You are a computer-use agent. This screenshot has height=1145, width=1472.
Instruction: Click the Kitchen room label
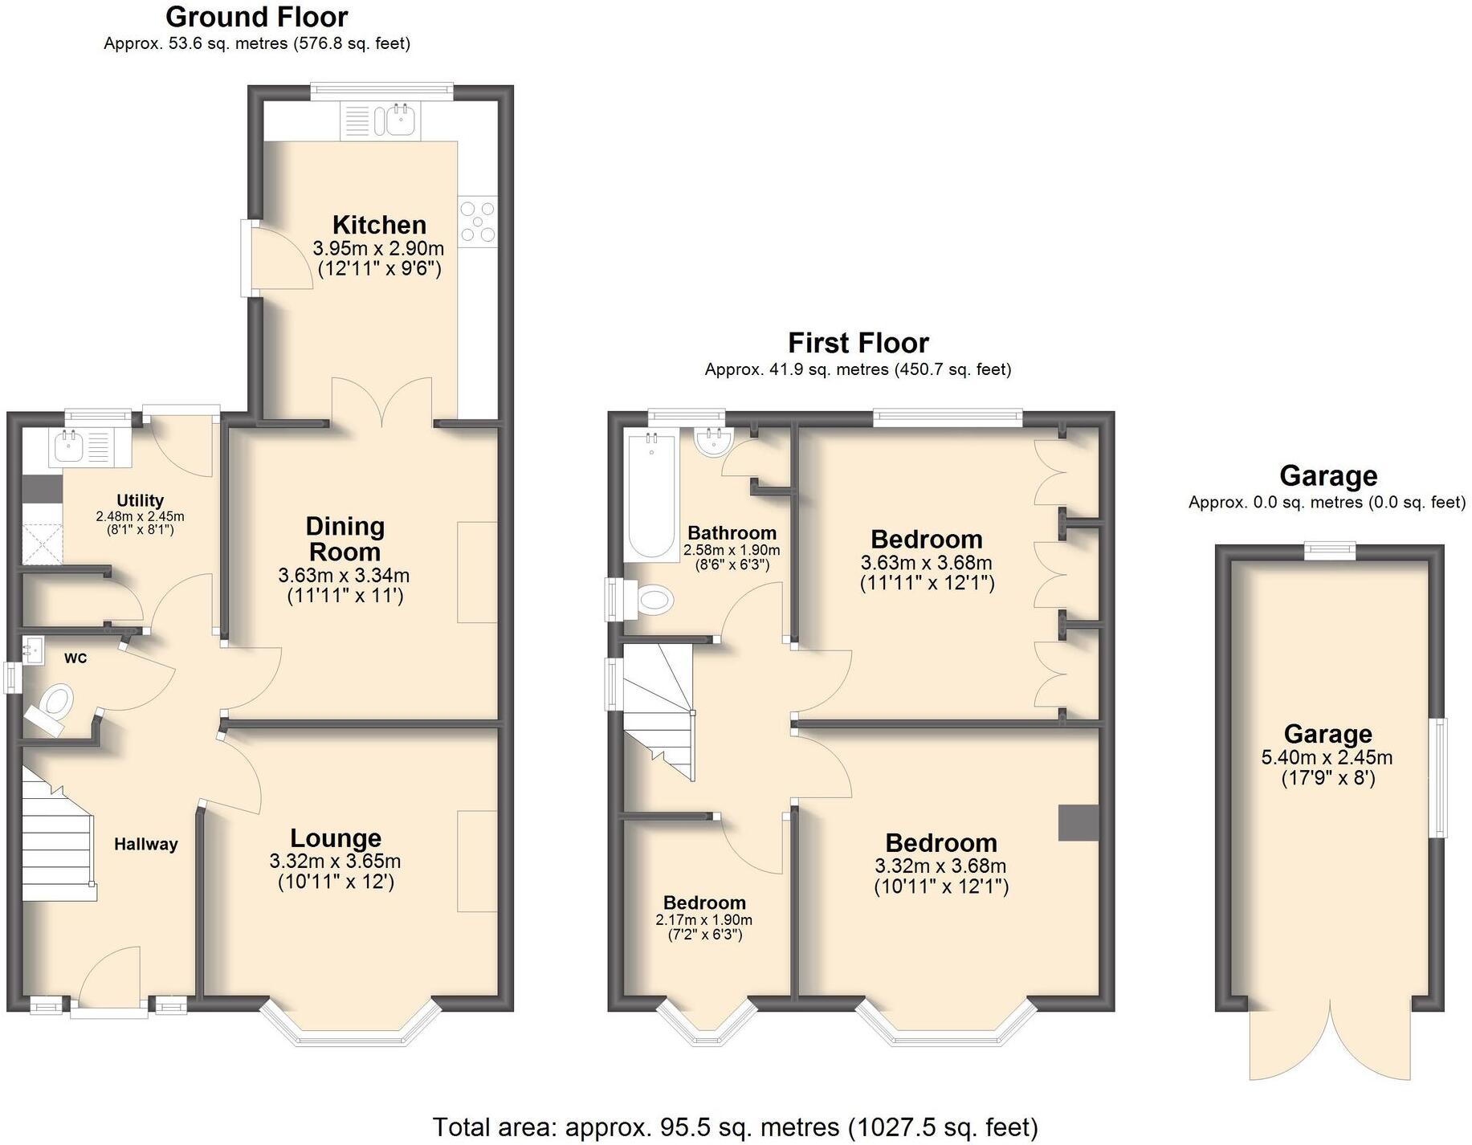click(379, 225)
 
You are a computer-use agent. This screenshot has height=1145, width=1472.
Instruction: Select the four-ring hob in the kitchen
click(478, 222)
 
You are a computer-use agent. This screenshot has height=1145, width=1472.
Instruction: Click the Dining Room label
click(345, 539)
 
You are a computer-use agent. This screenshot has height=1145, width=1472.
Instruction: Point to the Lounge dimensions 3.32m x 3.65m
click(335, 862)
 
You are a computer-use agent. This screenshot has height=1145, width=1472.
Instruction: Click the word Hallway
click(145, 844)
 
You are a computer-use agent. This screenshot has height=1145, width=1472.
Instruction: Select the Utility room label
click(140, 500)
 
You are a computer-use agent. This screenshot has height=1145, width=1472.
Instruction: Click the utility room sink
click(68, 446)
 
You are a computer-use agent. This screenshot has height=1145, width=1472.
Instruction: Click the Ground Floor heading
click(256, 17)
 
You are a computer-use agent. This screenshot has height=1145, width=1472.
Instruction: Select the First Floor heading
click(858, 343)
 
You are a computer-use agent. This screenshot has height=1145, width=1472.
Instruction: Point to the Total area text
click(735, 1127)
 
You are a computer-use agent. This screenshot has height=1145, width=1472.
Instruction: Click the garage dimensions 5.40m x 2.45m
click(1327, 757)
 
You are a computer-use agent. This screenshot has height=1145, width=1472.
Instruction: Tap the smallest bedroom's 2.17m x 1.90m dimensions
click(703, 920)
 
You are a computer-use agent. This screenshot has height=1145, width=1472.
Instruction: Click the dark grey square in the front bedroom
click(1078, 822)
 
